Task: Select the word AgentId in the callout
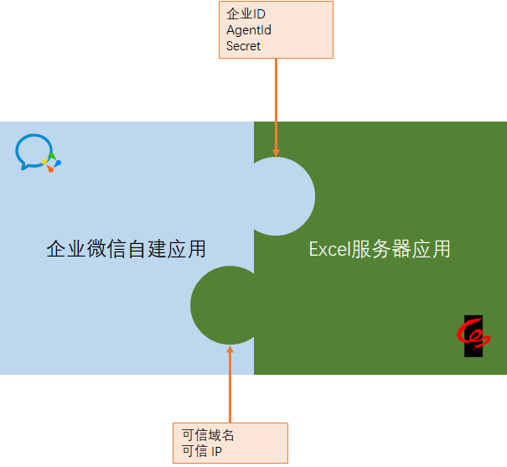pos(249,30)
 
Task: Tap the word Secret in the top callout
pos(244,46)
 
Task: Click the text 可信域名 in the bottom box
pos(208,436)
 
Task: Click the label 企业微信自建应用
pos(126,249)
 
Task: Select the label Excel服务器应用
pos(380,249)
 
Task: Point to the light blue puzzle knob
pos(281,196)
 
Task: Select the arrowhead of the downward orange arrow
pos(276,151)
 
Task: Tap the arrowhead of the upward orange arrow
pos(230,350)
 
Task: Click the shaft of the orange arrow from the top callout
pos(276,101)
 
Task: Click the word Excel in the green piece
pos(328,249)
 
